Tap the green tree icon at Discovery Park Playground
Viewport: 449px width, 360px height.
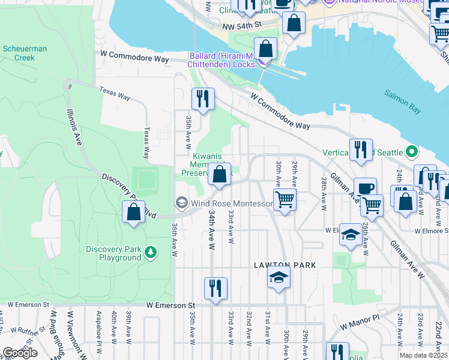[151, 253]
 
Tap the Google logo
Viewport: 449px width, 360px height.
[20, 352]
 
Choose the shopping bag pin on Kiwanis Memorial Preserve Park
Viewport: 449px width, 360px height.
[220, 175]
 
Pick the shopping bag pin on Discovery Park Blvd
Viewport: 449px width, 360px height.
[133, 212]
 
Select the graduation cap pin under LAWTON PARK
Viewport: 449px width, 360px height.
[279, 278]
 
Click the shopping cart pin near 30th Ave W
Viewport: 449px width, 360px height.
[285, 199]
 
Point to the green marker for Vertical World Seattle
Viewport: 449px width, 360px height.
[412, 151]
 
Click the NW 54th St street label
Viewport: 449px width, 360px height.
[242, 25]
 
